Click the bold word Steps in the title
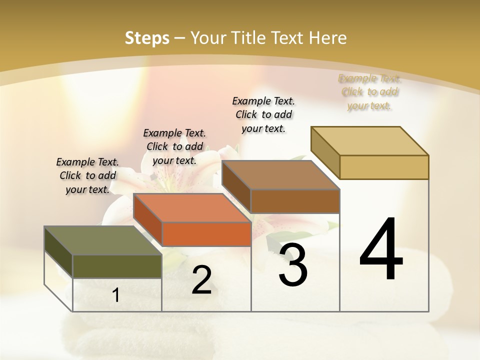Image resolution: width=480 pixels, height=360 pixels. pos(147,38)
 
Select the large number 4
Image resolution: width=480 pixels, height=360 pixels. pos(381,250)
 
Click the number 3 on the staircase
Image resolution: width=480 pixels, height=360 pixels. pos(293,265)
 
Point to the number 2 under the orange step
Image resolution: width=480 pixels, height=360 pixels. pos(201,280)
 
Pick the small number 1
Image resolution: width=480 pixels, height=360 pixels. pos(116,295)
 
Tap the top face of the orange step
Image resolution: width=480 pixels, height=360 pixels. pos(192,207)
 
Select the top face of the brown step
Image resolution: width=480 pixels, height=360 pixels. pos(280,175)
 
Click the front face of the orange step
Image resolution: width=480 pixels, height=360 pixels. pos(206,234)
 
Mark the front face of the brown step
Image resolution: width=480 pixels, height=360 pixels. pos(295,201)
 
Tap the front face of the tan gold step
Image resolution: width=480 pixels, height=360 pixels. pos(384,167)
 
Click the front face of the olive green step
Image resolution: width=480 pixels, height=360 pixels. pos(117,266)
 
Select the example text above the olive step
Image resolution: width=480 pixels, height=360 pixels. pos(87,175)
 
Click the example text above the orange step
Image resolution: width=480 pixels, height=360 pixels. pos(174,146)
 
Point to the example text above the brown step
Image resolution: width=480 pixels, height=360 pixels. pos(263,114)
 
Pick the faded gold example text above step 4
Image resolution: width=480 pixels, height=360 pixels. pos(369,92)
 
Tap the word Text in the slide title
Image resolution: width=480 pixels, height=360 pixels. pos(290,38)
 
